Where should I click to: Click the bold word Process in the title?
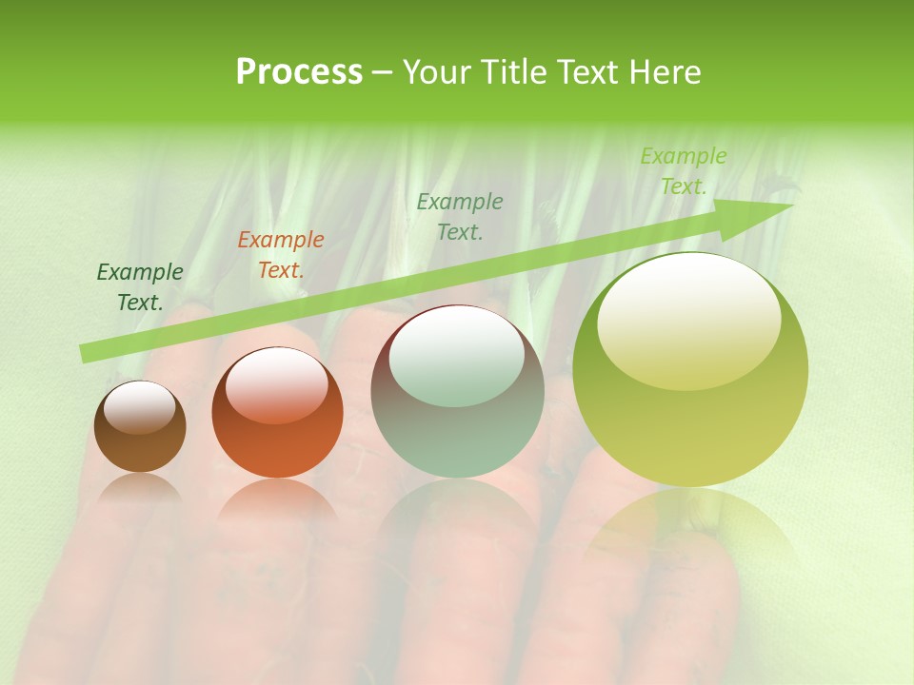click(299, 72)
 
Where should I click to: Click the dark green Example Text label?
click(140, 287)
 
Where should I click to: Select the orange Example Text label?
click(281, 255)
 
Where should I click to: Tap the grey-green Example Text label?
click(460, 216)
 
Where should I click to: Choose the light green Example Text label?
click(683, 171)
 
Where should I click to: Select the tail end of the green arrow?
click(88, 354)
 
